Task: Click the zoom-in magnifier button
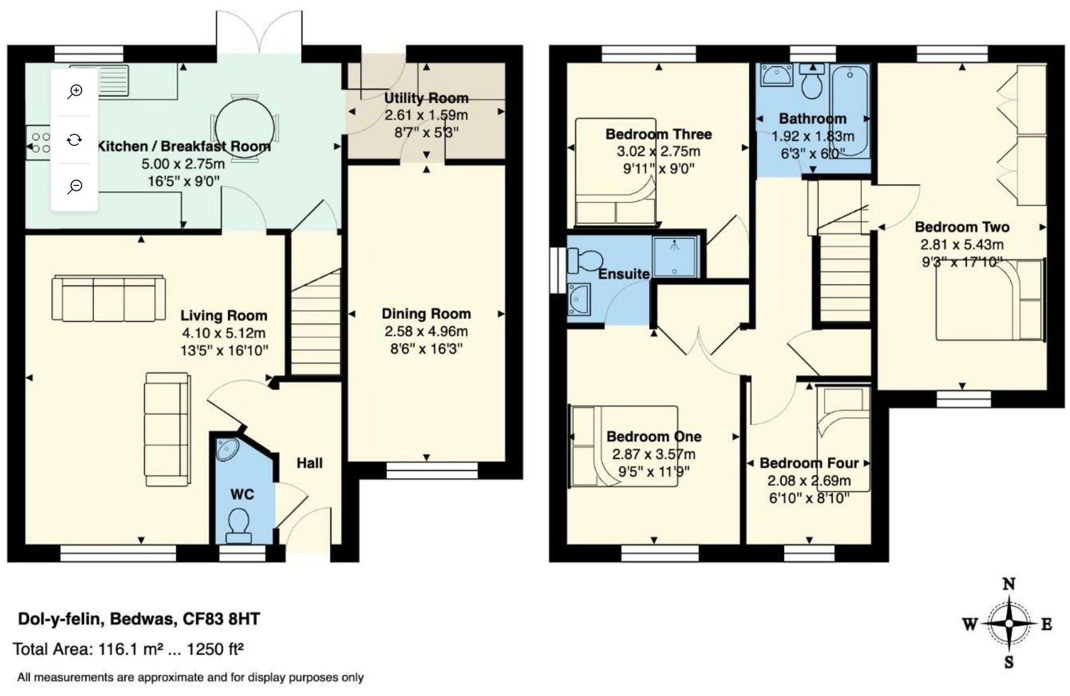(75, 91)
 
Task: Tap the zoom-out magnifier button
(75, 186)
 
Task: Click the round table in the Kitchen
(244, 128)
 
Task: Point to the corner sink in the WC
(227, 449)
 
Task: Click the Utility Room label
(426, 98)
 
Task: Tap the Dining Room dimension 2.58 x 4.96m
(426, 331)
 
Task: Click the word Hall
(309, 463)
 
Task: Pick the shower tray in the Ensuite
(674, 257)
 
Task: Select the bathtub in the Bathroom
(850, 111)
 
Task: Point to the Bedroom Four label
(809, 463)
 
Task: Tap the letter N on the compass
(1008, 584)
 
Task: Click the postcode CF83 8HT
(221, 619)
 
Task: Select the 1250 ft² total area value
(214, 649)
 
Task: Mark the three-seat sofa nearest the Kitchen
(109, 298)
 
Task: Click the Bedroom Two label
(962, 227)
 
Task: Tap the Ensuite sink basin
(578, 299)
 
